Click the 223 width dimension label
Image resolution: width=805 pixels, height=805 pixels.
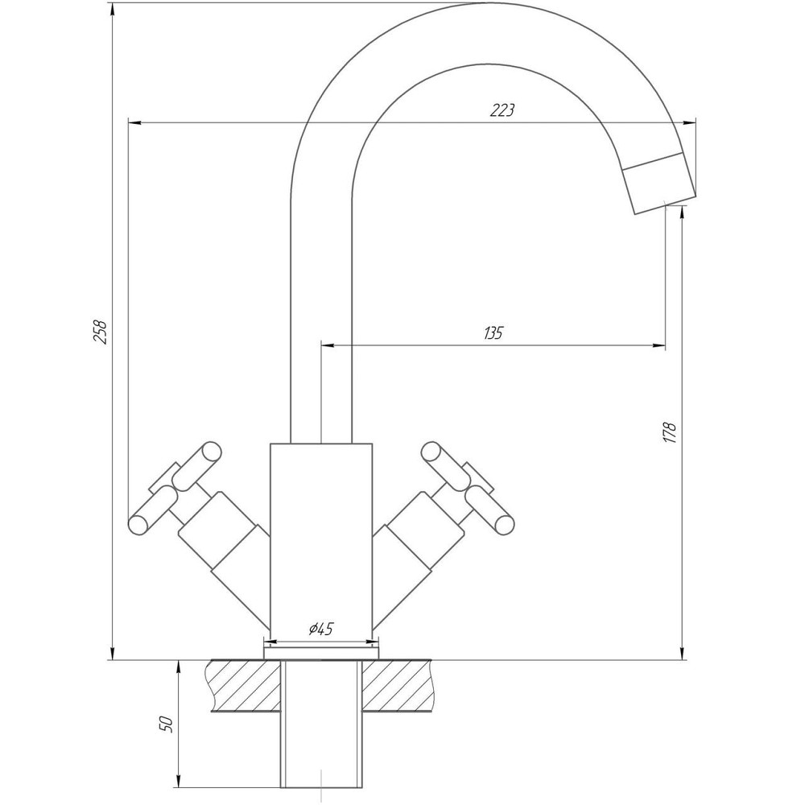tap(502, 109)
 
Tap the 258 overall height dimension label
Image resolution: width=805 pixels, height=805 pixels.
tap(100, 332)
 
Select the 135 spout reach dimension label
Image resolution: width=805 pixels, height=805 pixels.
tap(493, 332)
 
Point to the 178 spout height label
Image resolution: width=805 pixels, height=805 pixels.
tap(670, 432)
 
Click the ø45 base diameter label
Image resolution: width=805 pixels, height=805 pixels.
tap(321, 629)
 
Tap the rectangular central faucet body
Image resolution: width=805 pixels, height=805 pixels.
tap(321, 537)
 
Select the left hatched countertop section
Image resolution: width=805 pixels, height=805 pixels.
tap(244, 686)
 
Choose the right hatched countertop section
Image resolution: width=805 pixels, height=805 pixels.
tap(398, 686)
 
